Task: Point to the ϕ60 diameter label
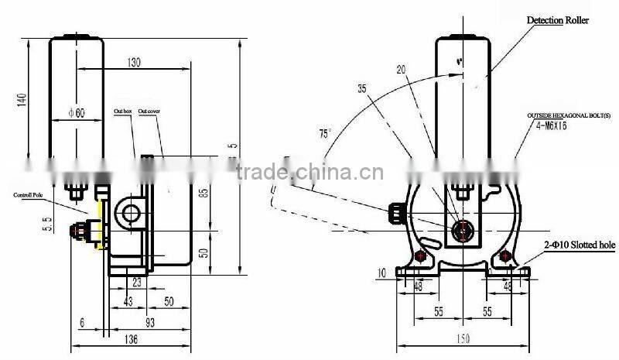coord(76,112)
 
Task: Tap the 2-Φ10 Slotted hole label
coord(578,245)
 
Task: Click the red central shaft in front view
coord(462,229)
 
